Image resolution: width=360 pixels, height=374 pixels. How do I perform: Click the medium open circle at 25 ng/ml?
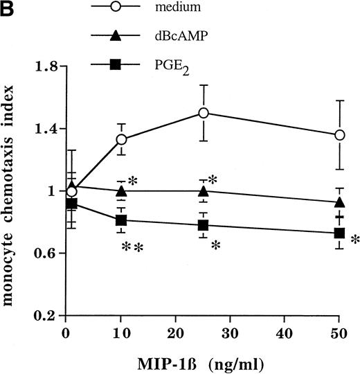(204, 112)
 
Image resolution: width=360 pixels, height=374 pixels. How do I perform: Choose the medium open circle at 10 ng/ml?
(121, 139)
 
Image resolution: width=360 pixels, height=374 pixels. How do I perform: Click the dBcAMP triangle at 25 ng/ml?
(204, 191)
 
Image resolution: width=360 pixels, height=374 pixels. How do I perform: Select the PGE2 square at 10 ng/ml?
(121, 220)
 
